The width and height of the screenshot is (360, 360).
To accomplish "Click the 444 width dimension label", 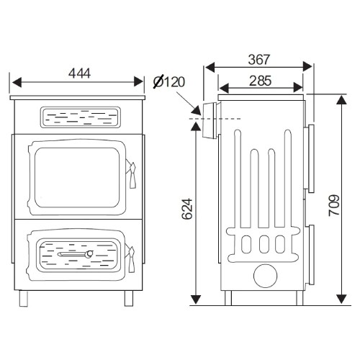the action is point(80,73).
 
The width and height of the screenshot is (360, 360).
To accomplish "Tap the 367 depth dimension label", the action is point(259,60).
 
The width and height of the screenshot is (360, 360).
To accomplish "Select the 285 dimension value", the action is point(261,81).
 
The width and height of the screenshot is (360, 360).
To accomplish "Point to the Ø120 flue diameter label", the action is point(169,81).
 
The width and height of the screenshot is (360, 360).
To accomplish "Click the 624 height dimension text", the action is point(187,209).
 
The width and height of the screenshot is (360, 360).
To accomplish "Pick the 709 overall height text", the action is point(334,205).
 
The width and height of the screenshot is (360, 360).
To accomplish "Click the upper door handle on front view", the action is point(132,175).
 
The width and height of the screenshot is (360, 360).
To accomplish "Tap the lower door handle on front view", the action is point(131,259).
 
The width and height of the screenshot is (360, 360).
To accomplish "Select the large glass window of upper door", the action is point(77,178).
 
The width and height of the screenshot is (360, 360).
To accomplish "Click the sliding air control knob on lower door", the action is point(89,253).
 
